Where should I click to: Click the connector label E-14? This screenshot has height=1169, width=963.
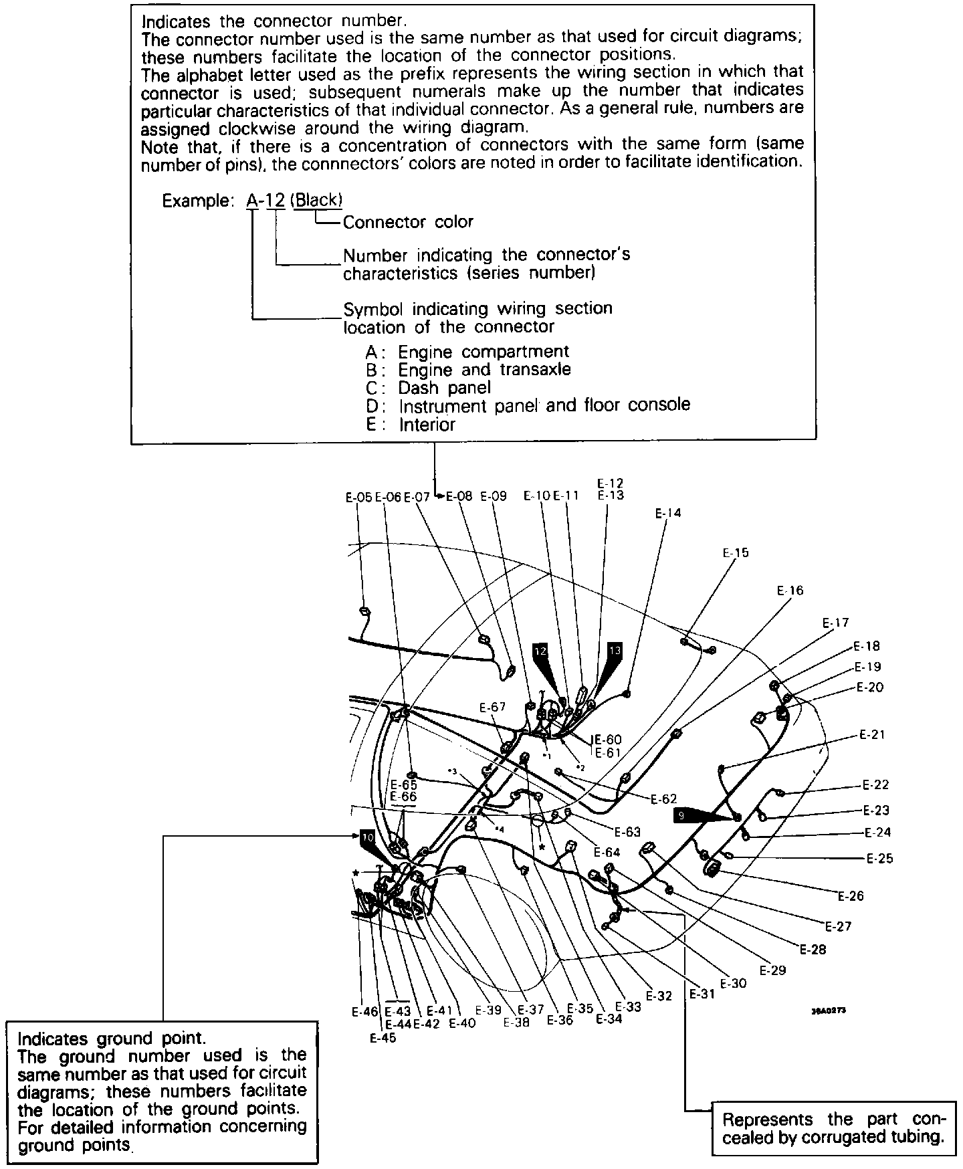tap(667, 514)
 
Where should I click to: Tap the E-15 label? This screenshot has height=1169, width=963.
tap(736, 553)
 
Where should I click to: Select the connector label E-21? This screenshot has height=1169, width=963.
tap(872, 734)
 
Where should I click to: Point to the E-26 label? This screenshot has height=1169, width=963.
tap(851, 896)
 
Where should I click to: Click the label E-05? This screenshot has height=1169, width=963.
tap(358, 497)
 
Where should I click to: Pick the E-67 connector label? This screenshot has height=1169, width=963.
tap(493, 707)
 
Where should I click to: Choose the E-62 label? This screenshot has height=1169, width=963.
tap(663, 799)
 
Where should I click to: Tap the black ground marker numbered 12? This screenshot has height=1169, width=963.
tap(540, 650)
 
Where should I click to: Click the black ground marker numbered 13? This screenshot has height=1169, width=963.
tap(615, 649)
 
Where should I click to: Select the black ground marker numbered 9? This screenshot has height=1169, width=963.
tap(681, 815)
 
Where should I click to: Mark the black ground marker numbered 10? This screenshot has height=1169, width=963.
tap(367, 837)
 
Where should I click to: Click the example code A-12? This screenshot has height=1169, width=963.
tap(266, 200)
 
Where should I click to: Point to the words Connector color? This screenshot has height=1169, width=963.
tap(408, 222)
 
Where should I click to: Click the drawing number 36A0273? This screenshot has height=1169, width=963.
tap(829, 1011)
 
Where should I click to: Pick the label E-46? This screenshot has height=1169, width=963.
tap(365, 1012)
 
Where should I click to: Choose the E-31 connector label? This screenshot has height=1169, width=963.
tap(702, 994)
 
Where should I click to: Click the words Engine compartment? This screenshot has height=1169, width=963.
tap(483, 351)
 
